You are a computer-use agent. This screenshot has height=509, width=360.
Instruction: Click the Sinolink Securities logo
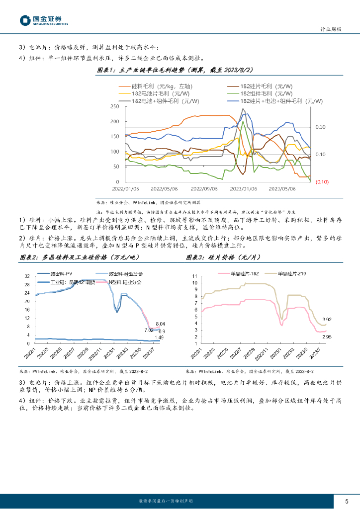point(44,20)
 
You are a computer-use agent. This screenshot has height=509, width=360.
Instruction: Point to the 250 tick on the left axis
point(115,106)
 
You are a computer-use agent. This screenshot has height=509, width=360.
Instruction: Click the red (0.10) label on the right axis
point(322,181)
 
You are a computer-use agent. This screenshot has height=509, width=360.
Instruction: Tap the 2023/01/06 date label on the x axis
point(243,189)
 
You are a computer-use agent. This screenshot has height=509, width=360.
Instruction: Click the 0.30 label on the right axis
point(321,127)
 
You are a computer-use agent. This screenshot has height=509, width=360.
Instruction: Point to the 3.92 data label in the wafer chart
point(327,319)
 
